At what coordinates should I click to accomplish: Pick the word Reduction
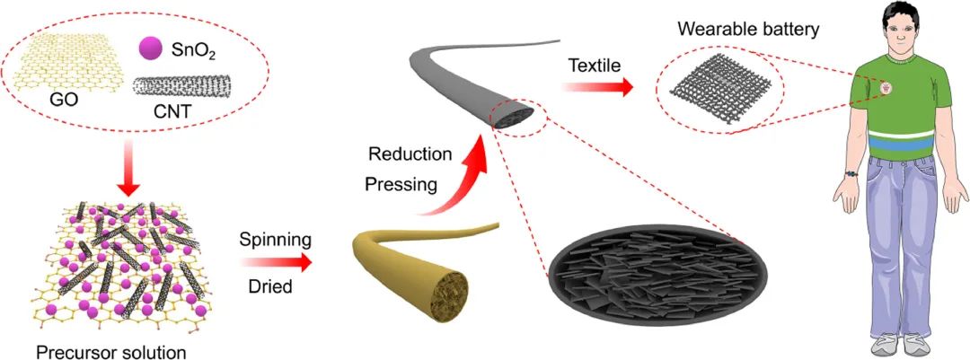coord(408,154)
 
